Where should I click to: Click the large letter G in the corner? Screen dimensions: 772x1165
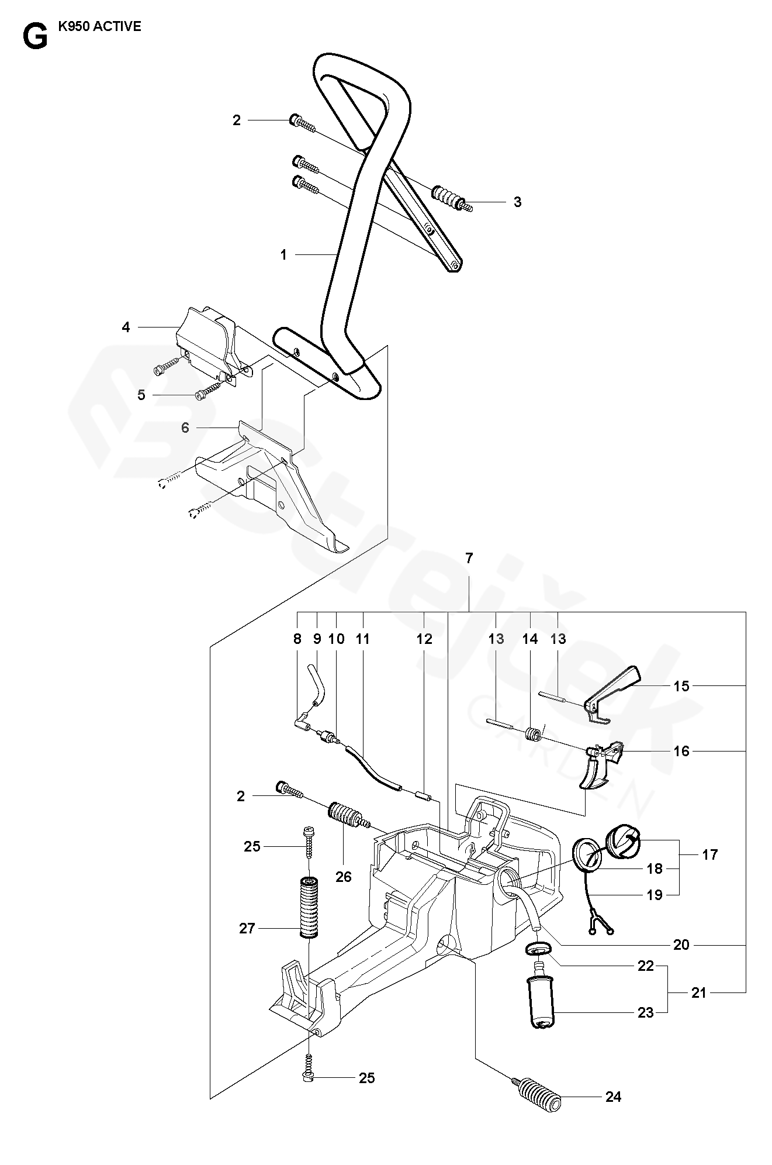(34, 37)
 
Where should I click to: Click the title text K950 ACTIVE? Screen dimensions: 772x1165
(100, 27)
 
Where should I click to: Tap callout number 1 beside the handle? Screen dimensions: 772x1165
(283, 255)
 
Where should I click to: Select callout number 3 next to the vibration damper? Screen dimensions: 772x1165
(517, 202)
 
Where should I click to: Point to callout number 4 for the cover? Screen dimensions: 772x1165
(126, 328)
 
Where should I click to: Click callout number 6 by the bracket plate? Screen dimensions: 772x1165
(185, 428)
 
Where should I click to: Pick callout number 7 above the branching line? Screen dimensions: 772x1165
(469, 559)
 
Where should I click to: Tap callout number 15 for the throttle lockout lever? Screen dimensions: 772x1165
(682, 685)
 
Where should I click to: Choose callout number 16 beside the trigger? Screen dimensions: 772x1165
(682, 751)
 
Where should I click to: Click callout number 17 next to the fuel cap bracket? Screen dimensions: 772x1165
(709, 855)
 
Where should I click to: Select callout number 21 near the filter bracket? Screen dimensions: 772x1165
(699, 992)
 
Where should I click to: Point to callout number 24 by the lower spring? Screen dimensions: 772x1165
(613, 1097)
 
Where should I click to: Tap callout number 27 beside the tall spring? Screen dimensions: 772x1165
(247, 928)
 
